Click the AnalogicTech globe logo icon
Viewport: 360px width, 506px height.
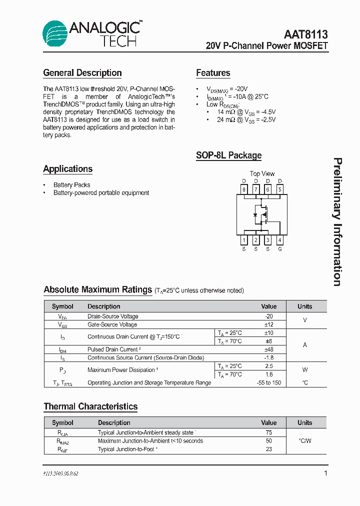click(55, 33)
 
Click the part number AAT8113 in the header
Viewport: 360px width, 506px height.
click(305, 34)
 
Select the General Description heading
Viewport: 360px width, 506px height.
click(82, 73)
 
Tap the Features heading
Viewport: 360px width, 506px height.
click(213, 73)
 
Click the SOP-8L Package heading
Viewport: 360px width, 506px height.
click(228, 155)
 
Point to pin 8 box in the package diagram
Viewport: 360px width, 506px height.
click(244, 189)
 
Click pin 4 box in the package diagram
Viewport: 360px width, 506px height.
click(280, 240)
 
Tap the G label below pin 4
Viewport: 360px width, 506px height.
click(280, 249)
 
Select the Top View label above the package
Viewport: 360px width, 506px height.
click(262, 173)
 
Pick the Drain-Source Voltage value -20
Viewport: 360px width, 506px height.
click(269, 316)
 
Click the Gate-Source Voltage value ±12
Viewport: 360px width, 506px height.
click(269, 324)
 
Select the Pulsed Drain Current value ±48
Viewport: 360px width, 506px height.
click(269, 349)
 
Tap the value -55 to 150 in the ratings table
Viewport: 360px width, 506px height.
click(269, 382)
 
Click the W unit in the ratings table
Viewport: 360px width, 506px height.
click(305, 370)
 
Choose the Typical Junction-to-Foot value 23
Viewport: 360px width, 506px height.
click(269, 449)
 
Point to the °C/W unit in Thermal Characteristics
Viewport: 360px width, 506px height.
click(305, 441)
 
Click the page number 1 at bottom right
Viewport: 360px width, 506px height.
click(325, 473)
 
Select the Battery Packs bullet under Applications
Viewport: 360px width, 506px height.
click(72, 185)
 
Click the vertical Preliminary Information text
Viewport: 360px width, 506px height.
click(338, 222)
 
